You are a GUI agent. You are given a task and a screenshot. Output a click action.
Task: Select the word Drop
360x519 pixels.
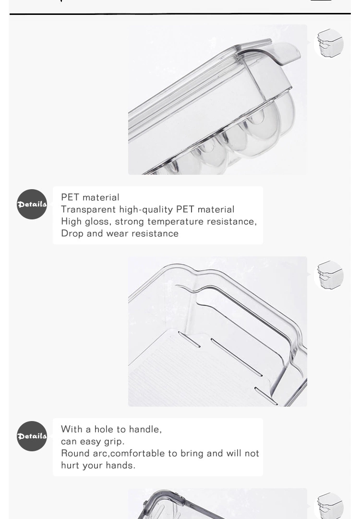click(72, 234)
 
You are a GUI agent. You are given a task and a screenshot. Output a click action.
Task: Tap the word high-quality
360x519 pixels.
click(146, 209)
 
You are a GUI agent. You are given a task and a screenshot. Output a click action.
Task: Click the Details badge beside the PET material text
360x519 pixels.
click(32, 204)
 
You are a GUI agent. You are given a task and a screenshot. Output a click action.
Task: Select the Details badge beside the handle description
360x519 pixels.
click(32, 436)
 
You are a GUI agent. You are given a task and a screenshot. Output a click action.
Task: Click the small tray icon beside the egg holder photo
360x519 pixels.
click(329, 44)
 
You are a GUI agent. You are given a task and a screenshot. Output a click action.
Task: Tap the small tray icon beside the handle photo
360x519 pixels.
click(329, 276)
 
